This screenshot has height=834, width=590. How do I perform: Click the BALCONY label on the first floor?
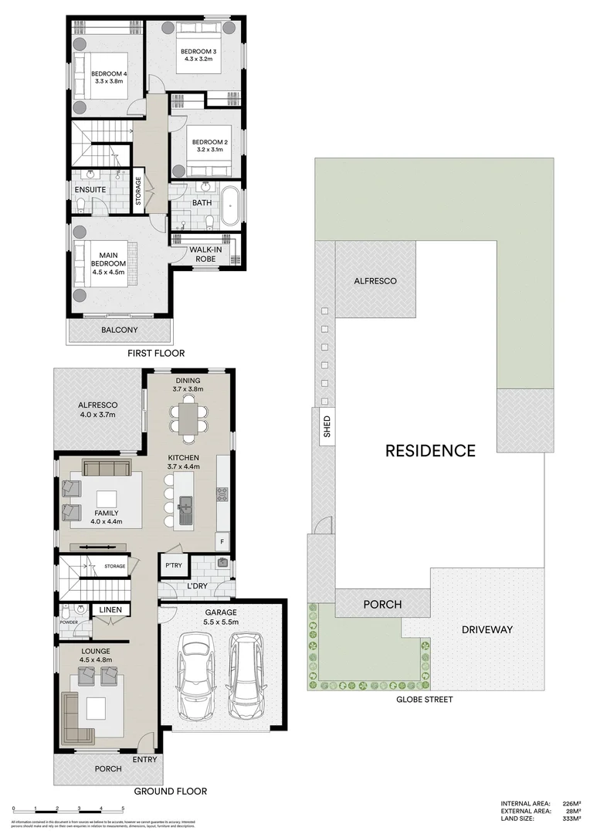coord(120,331)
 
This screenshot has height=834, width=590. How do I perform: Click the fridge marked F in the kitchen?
coord(222,541)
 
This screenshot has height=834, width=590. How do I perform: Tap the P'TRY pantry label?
coord(172,566)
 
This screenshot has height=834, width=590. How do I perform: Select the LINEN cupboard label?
coord(110,610)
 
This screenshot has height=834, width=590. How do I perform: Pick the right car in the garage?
coord(246,675)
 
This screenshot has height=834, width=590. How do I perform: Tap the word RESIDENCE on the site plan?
coord(430,449)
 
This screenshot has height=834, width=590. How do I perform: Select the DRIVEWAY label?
coord(487,629)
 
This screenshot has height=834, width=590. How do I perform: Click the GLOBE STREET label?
coord(424,700)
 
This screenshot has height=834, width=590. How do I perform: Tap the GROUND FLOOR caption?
coord(171,791)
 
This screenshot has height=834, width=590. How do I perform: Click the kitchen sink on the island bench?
coord(185,510)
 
